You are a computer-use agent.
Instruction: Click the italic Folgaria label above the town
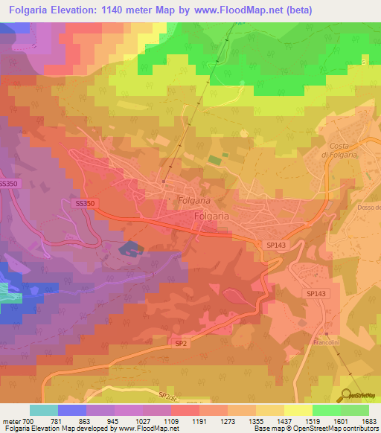coord(196,200)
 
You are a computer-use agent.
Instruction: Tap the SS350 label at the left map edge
coord(8,184)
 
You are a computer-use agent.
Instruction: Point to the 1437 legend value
coord(283,421)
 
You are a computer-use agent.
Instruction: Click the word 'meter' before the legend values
coord(10,421)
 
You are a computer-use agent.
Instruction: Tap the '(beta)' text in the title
coord(298,10)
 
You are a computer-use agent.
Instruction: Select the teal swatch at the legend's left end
coord(43,410)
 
